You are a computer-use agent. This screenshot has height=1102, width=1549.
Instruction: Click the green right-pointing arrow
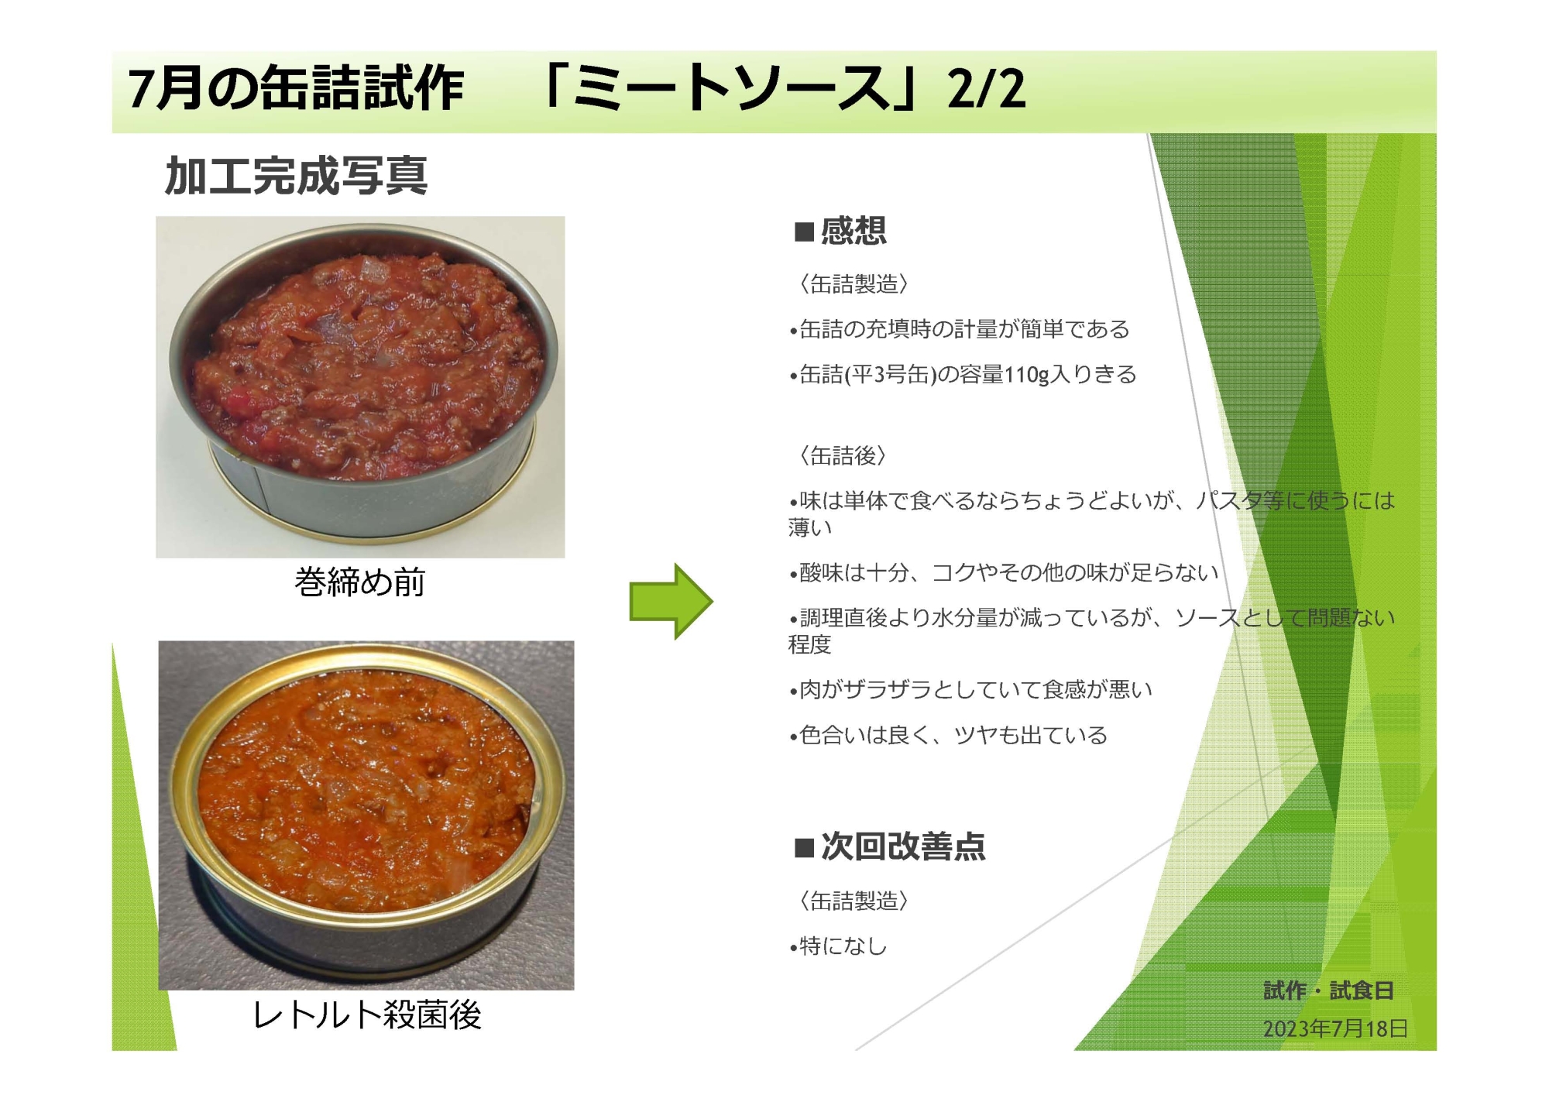click(x=671, y=601)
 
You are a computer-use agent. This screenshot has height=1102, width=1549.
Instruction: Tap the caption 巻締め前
click(x=360, y=582)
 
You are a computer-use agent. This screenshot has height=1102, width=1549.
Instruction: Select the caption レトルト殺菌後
click(x=367, y=1014)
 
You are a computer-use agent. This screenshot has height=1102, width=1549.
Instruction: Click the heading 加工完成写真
click(x=296, y=176)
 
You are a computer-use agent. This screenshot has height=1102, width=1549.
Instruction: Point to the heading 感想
click(x=840, y=231)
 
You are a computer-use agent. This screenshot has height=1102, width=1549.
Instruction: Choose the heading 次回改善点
click(x=890, y=846)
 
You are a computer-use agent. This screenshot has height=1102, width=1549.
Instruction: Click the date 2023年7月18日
click(x=1335, y=1028)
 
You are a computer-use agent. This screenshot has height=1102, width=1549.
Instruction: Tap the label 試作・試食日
click(x=1328, y=990)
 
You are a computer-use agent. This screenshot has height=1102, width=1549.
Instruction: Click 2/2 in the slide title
click(x=986, y=88)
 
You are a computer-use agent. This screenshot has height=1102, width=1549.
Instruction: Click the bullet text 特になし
click(x=838, y=946)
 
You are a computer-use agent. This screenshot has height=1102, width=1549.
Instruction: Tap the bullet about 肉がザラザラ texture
click(x=970, y=689)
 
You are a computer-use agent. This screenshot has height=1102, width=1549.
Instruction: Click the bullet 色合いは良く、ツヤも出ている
click(x=948, y=735)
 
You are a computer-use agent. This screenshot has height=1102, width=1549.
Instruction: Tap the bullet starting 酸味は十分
click(x=1004, y=572)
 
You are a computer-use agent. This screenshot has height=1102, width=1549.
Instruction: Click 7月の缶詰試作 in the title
click(x=296, y=88)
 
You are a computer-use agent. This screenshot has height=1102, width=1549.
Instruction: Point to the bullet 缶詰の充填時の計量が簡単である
click(x=959, y=329)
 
